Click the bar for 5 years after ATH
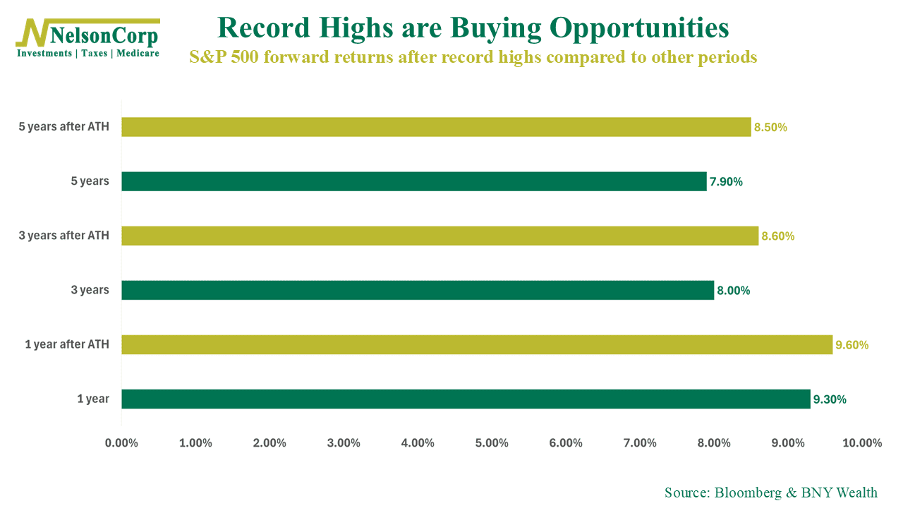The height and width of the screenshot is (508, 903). tap(436, 127)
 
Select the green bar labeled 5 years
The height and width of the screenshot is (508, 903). tap(413, 181)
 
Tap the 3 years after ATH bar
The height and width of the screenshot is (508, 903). tap(440, 236)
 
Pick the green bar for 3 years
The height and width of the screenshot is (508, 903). tap(418, 290)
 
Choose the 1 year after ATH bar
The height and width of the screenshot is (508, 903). tap(477, 344)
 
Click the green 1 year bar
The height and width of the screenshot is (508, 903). tap(466, 399)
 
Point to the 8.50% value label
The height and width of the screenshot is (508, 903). tap(770, 128)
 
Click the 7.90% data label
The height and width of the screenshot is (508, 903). tap(726, 182)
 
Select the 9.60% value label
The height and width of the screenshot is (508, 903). tap(852, 345)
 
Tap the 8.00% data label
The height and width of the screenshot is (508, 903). tap(733, 291)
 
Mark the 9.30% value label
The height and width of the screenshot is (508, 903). tap(830, 399)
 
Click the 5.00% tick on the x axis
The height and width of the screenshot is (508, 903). tap(492, 443)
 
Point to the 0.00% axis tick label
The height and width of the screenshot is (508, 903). tap(121, 443)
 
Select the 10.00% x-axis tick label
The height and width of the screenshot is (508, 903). tap(862, 443)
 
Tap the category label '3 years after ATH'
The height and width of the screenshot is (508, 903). tap(64, 236)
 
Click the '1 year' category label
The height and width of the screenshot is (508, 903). tap(93, 399)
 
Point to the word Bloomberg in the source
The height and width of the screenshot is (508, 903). tap(749, 492)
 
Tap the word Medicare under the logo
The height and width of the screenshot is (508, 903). tap(138, 54)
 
